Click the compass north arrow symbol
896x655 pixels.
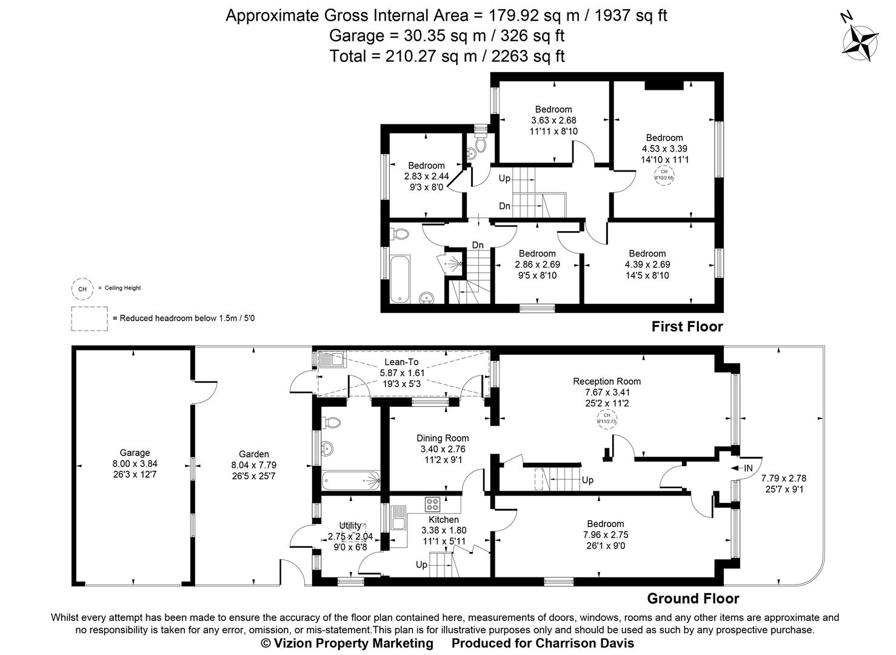point(860,42)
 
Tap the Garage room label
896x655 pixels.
point(134,452)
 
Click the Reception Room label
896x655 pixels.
point(607,381)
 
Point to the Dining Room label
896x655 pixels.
point(443,438)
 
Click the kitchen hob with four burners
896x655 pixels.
point(433,504)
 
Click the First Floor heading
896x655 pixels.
point(687,327)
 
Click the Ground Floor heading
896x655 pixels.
point(693,599)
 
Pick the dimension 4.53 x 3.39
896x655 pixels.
point(664,149)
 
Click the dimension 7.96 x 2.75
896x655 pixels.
point(605,535)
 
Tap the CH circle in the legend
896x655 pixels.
point(82,289)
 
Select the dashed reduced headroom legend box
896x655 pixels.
point(89,318)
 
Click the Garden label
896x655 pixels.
point(253,454)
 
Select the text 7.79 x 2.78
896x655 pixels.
point(783,478)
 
